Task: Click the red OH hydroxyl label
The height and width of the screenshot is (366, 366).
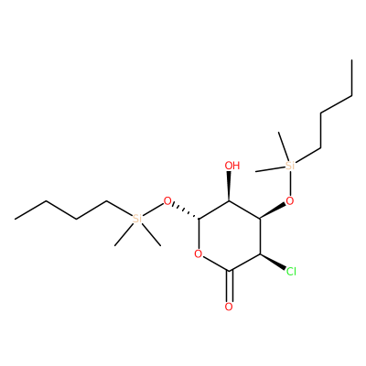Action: pos(232,166)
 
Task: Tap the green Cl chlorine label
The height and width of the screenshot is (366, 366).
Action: pos(291,272)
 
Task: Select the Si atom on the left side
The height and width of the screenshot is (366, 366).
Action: pos(137,219)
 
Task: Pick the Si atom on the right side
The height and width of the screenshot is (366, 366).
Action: pos(290,166)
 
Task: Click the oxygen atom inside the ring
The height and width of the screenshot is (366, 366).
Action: pos(199,253)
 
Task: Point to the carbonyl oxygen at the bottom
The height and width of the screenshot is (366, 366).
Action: pos(229,307)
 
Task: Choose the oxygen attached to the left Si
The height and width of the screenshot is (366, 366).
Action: pos(167,201)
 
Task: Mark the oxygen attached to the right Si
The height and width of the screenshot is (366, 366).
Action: pos(290,201)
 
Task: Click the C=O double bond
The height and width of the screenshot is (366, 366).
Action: pos(230,285)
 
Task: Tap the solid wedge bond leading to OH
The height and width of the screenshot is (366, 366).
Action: pos(229,187)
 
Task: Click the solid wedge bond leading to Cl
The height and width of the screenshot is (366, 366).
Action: pos(272,262)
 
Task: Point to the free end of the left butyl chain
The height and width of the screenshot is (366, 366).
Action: pos(15,219)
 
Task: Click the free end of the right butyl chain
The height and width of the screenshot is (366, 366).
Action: pos(352,59)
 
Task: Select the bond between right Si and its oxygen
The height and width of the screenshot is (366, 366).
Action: pos(290,184)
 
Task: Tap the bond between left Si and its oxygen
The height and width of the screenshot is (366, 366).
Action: pos(153,210)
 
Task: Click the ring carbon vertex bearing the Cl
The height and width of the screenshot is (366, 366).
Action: pos(260,253)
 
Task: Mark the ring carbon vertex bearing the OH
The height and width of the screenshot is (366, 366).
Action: pos(229,201)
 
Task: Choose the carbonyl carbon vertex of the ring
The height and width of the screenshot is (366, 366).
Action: pos(230,271)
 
